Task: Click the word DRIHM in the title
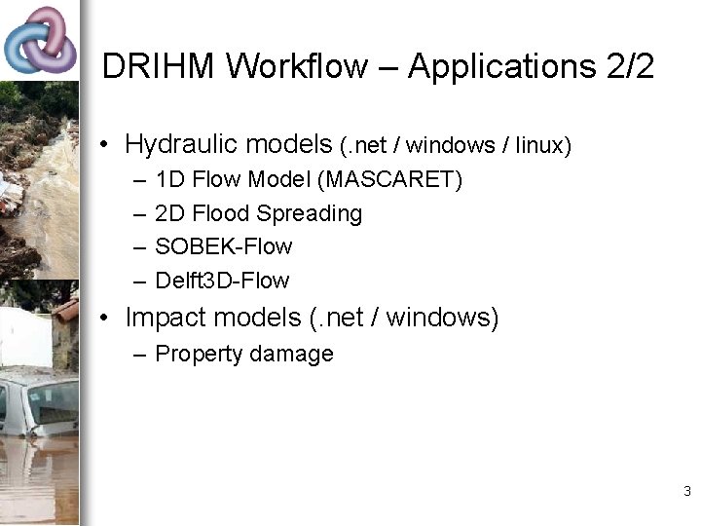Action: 161,66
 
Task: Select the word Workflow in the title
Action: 298,66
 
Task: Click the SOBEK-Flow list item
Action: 223,246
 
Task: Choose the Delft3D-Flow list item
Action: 222,281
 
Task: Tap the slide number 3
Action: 686,491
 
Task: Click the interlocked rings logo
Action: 40,41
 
